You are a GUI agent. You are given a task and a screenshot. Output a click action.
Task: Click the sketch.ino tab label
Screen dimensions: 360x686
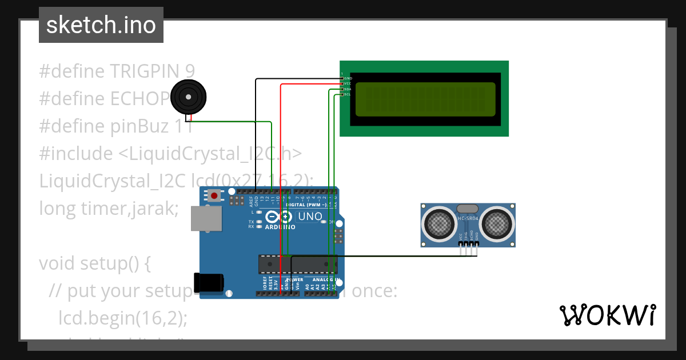coord(101,25)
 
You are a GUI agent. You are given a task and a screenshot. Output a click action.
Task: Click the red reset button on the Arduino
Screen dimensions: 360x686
coord(214,196)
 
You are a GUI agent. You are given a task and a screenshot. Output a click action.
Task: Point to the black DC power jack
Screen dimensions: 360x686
coord(208,283)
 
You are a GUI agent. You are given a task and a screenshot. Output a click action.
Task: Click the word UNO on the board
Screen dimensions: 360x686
coord(310,217)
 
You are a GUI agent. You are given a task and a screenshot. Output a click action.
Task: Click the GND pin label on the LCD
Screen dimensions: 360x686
coord(348,78)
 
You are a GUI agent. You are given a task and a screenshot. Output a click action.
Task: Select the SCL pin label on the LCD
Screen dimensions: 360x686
coord(347,94)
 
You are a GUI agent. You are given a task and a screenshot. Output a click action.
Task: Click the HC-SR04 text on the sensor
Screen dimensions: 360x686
coord(468,218)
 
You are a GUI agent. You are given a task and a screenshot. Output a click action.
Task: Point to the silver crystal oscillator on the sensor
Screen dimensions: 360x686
coord(468,209)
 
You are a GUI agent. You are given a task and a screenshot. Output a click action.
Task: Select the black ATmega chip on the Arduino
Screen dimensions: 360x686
coord(297,264)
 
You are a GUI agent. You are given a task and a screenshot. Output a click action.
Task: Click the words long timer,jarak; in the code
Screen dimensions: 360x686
coord(109,208)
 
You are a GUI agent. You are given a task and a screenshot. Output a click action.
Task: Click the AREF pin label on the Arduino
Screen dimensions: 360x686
coord(250,201)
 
